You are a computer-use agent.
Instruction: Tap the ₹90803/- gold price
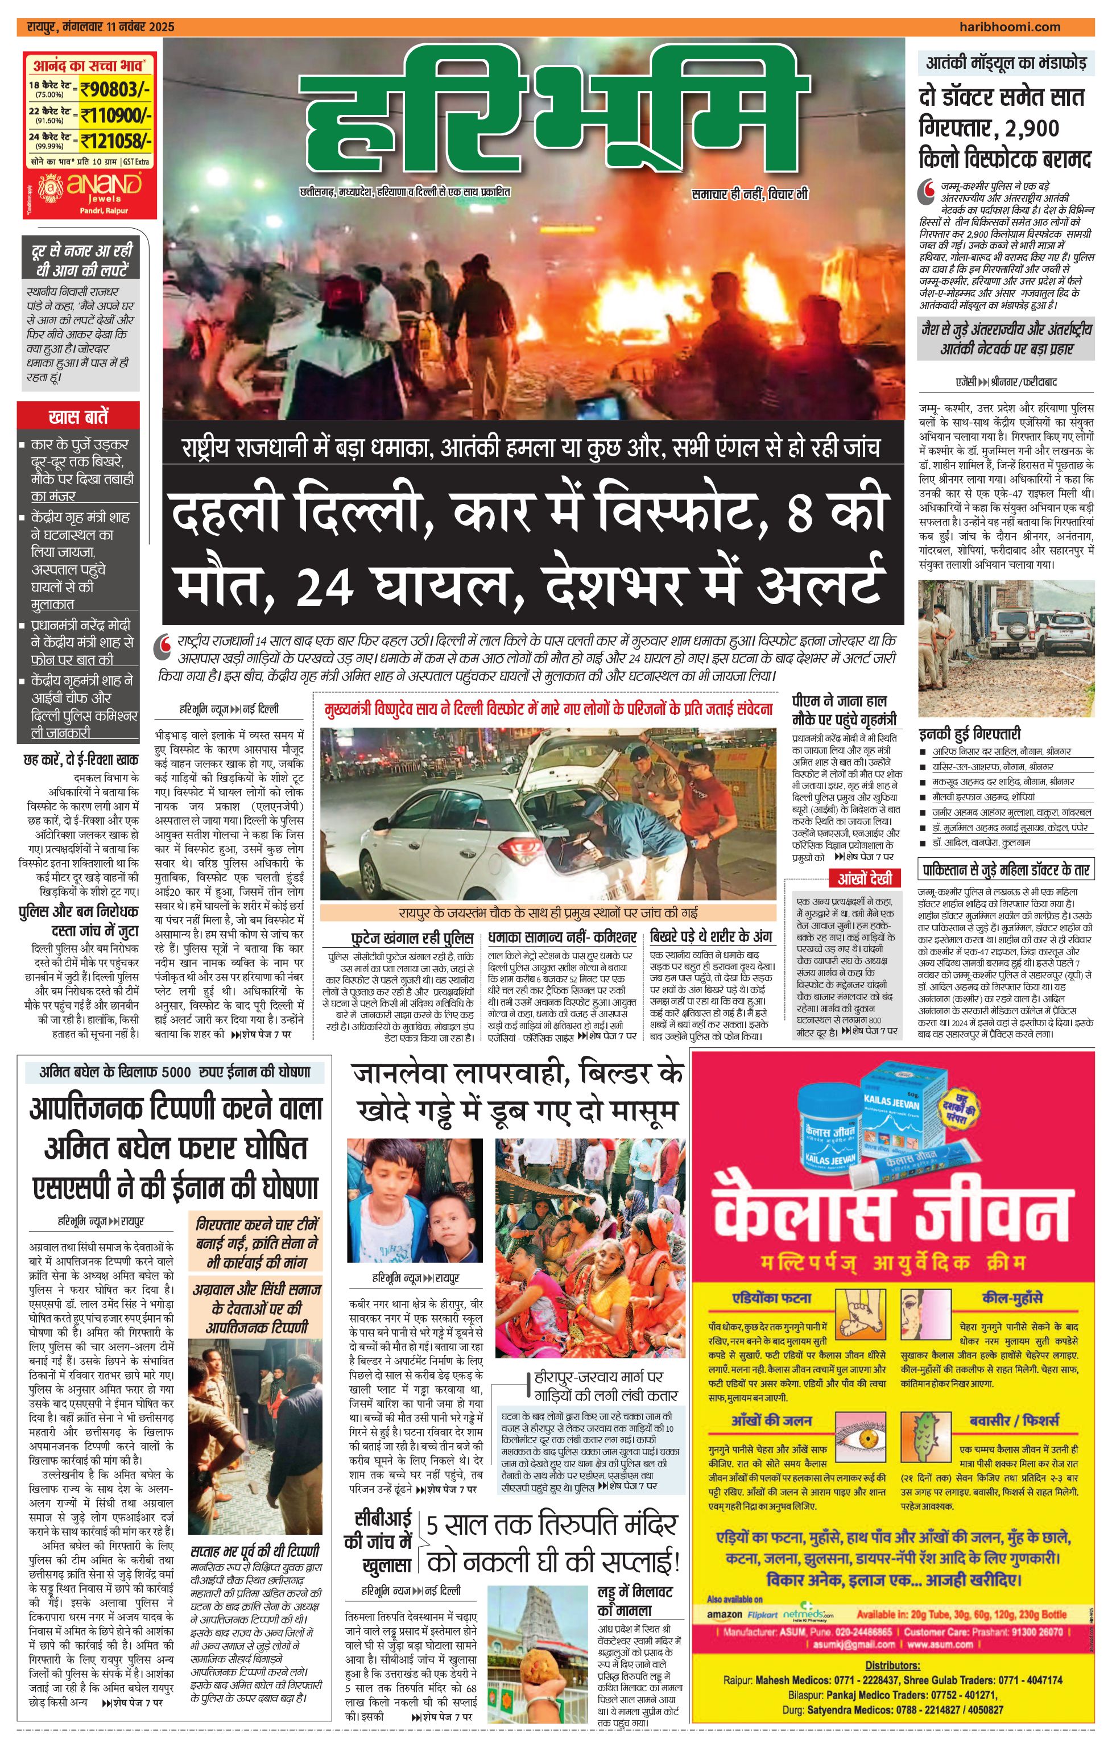click(x=115, y=90)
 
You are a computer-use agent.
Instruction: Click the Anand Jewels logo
click(x=90, y=185)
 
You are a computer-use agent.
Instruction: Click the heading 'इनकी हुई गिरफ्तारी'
click(x=970, y=733)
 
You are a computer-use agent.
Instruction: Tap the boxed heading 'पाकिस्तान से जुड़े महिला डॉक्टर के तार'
click(x=1006, y=870)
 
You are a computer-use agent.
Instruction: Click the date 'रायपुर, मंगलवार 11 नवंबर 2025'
click(x=100, y=27)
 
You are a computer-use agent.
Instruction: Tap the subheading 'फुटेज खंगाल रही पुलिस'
click(x=412, y=937)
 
